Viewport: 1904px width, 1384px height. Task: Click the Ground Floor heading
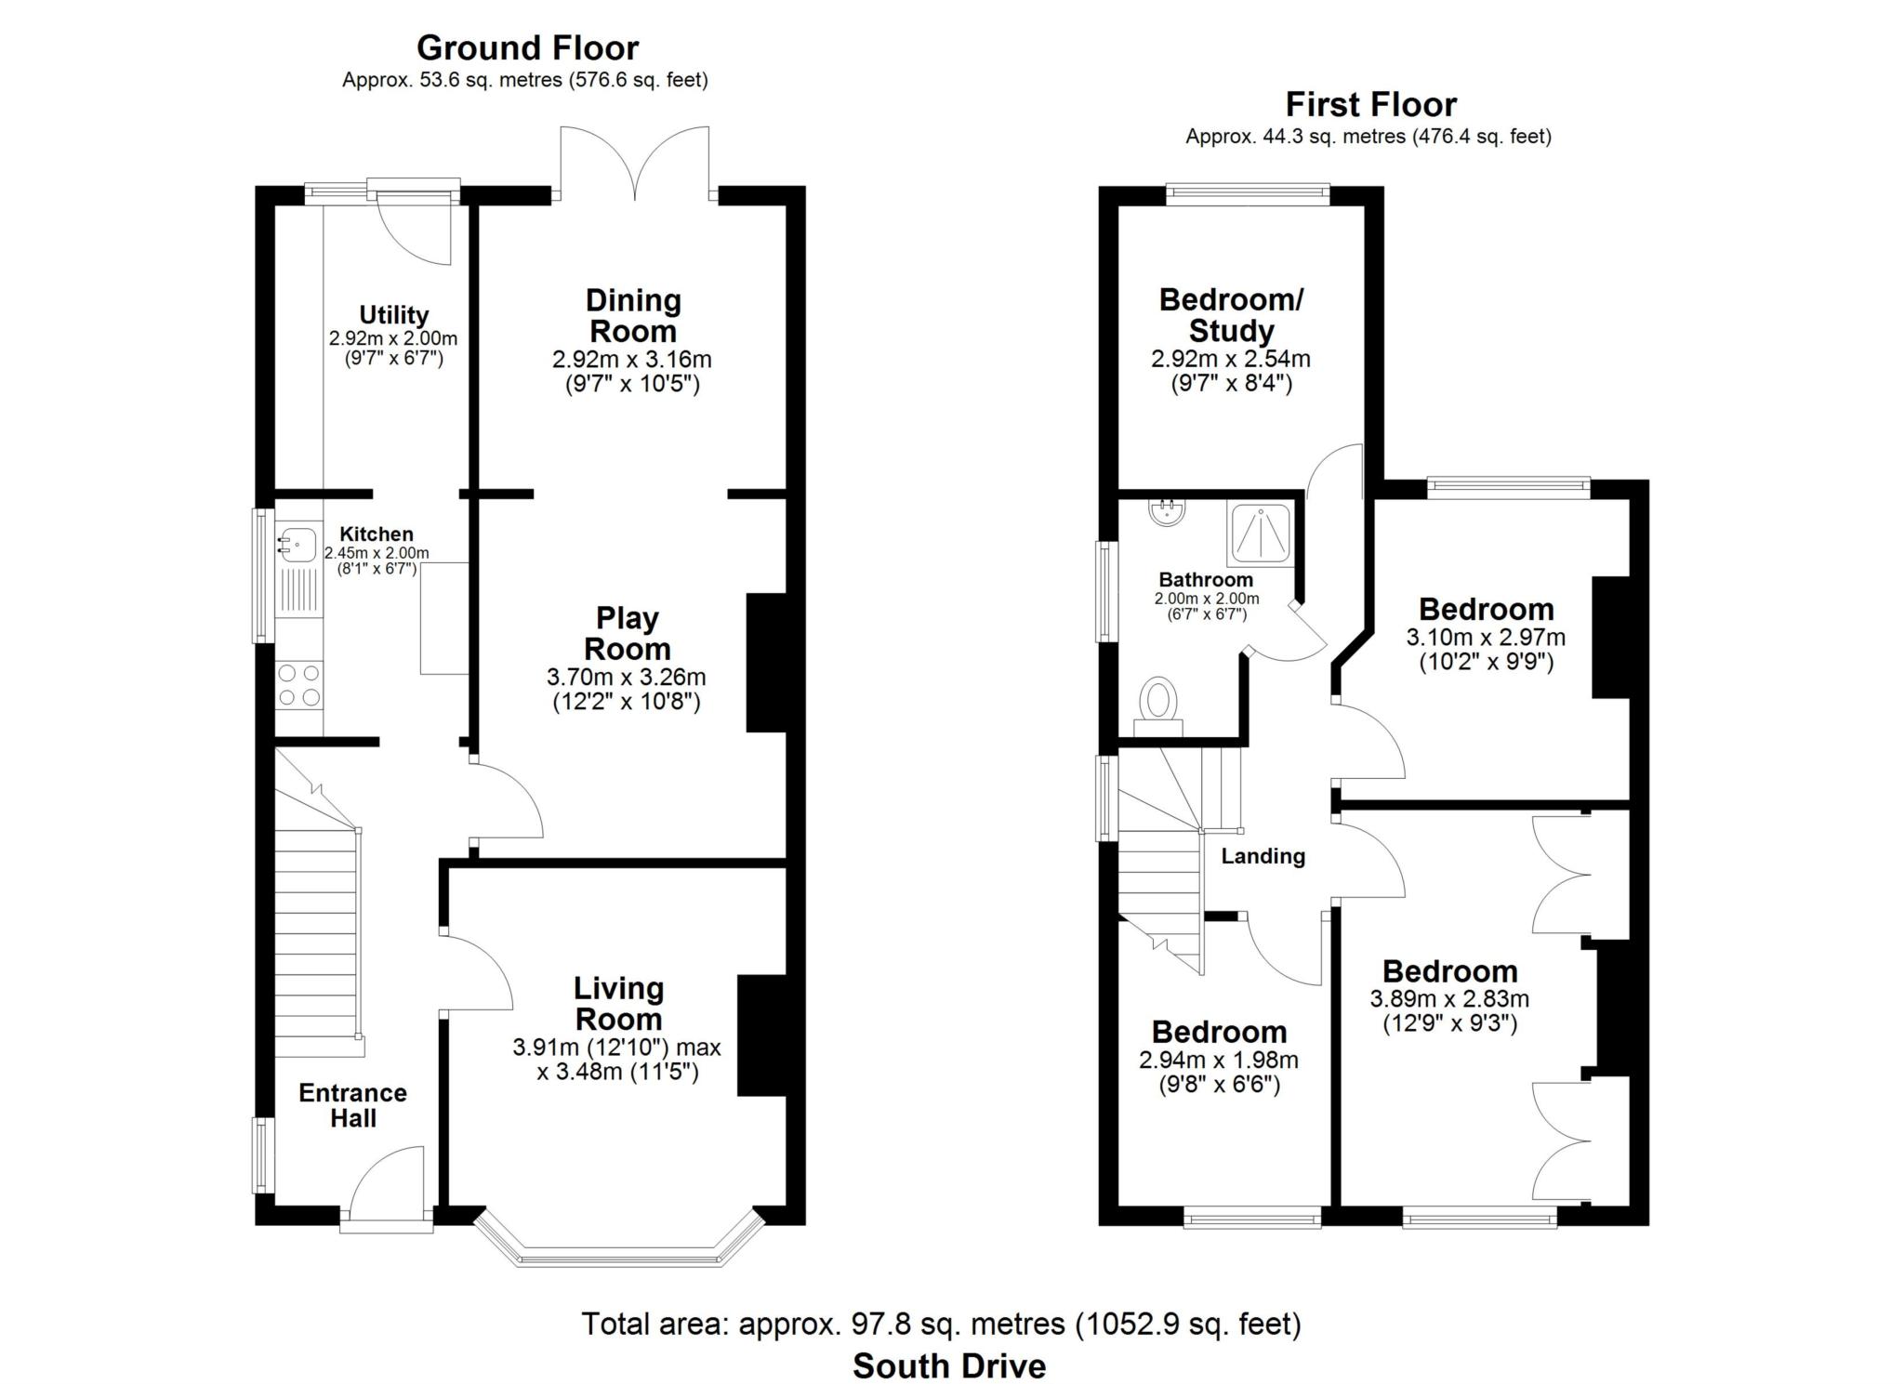click(527, 47)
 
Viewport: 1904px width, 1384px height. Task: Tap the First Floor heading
click(1370, 104)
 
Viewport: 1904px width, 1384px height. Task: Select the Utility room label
click(394, 315)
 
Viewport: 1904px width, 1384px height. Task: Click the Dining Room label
click(633, 315)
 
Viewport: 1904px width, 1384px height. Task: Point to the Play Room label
click(628, 633)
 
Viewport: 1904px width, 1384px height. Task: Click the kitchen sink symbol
click(297, 543)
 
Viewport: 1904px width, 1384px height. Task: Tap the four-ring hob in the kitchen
click(299, 684)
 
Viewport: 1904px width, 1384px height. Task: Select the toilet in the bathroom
click(1158, 705)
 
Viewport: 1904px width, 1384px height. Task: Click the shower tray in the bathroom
click(1260, 534)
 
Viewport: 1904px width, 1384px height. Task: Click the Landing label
click(1263, 856)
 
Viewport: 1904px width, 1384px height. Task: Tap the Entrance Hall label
click(352, 1105)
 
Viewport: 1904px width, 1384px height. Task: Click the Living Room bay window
click(619, 1241)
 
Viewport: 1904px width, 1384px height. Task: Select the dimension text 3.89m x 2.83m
click(1449, 999)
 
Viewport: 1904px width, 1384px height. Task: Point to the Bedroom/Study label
click(1231, 315)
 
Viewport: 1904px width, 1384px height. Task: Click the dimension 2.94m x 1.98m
click(1218, 1060)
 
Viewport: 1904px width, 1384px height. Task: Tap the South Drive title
click(949, 1365)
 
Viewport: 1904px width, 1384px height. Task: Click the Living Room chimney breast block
click(762, 1035)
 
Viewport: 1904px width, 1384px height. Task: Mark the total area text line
click(941, 1324)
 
